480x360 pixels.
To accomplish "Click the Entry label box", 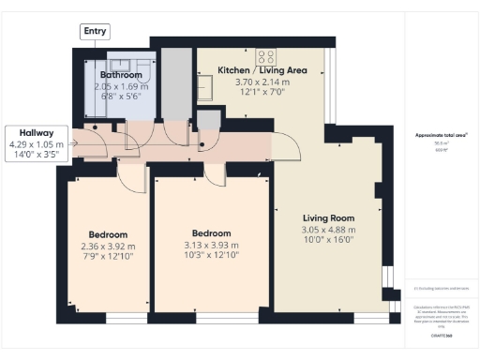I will coord(95,31).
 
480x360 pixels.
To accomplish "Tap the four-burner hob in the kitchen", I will coord(265,54).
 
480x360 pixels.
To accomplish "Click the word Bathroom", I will coord(122,75).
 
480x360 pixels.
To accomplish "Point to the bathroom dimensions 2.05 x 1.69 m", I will coord(122,86).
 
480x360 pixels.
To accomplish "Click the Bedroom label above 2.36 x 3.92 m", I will coord(108,234).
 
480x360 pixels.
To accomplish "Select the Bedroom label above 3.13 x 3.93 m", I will coord(212,234).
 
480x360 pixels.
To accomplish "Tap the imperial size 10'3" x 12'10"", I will coord(212,256).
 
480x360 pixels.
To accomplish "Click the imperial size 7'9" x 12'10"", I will coord(108,256).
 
